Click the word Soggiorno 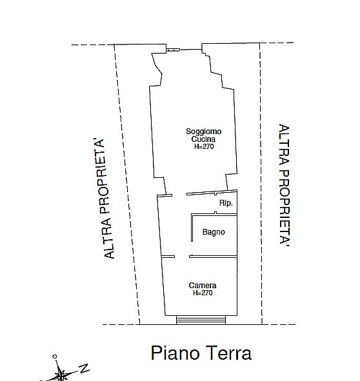point(204,132)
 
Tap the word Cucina point(203,139)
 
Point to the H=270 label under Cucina point(204,146)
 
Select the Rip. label point(226,203)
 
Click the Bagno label point(214,232)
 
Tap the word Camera point(203,285)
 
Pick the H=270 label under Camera point(203,293)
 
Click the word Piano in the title point(175,353)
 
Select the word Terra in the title point(228,353)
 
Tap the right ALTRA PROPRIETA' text point(284,185)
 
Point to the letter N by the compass point(85,368)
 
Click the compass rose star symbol point(61,373)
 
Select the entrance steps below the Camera point(201,320)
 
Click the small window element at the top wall point(174,50)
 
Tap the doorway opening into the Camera point(182,257)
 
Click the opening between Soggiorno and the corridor point(179,195)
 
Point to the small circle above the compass point(55,357)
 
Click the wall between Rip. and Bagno point(214,214)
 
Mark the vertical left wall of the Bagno point(192,228)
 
